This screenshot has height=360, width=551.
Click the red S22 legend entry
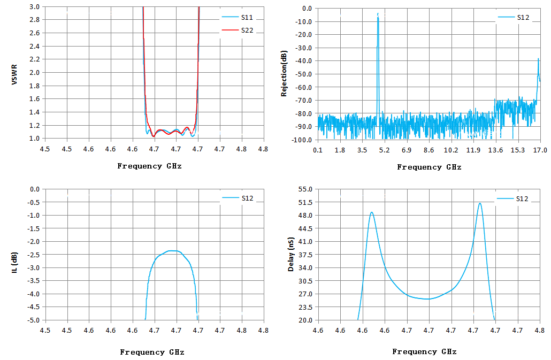pos(237,30)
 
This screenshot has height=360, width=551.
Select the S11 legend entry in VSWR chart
pos(237,18)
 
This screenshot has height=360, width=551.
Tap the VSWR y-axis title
pos(14,74)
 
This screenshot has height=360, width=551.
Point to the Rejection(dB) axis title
pos(284,73)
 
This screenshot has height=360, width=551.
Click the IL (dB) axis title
pos(14,262)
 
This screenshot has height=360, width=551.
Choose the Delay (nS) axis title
pos(290,254)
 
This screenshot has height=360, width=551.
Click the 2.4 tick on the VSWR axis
pos(34,47)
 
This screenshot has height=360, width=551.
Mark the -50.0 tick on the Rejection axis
pos(304,74)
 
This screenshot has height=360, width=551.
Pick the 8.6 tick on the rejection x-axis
pos(428,150)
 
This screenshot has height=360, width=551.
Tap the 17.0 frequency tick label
pos(540,150)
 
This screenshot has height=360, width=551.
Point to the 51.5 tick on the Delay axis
pos(305,202)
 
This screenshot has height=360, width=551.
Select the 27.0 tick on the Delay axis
pos(305,294)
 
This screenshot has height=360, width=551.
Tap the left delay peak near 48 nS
pos(371,212)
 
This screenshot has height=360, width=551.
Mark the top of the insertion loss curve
pos(172,251)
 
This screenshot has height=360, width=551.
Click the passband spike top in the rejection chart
pos(378,14)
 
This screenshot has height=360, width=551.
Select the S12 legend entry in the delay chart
pos(512,199)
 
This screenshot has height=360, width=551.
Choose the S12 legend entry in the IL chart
pos(238,198)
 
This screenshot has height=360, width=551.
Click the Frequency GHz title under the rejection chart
pos(429,167)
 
